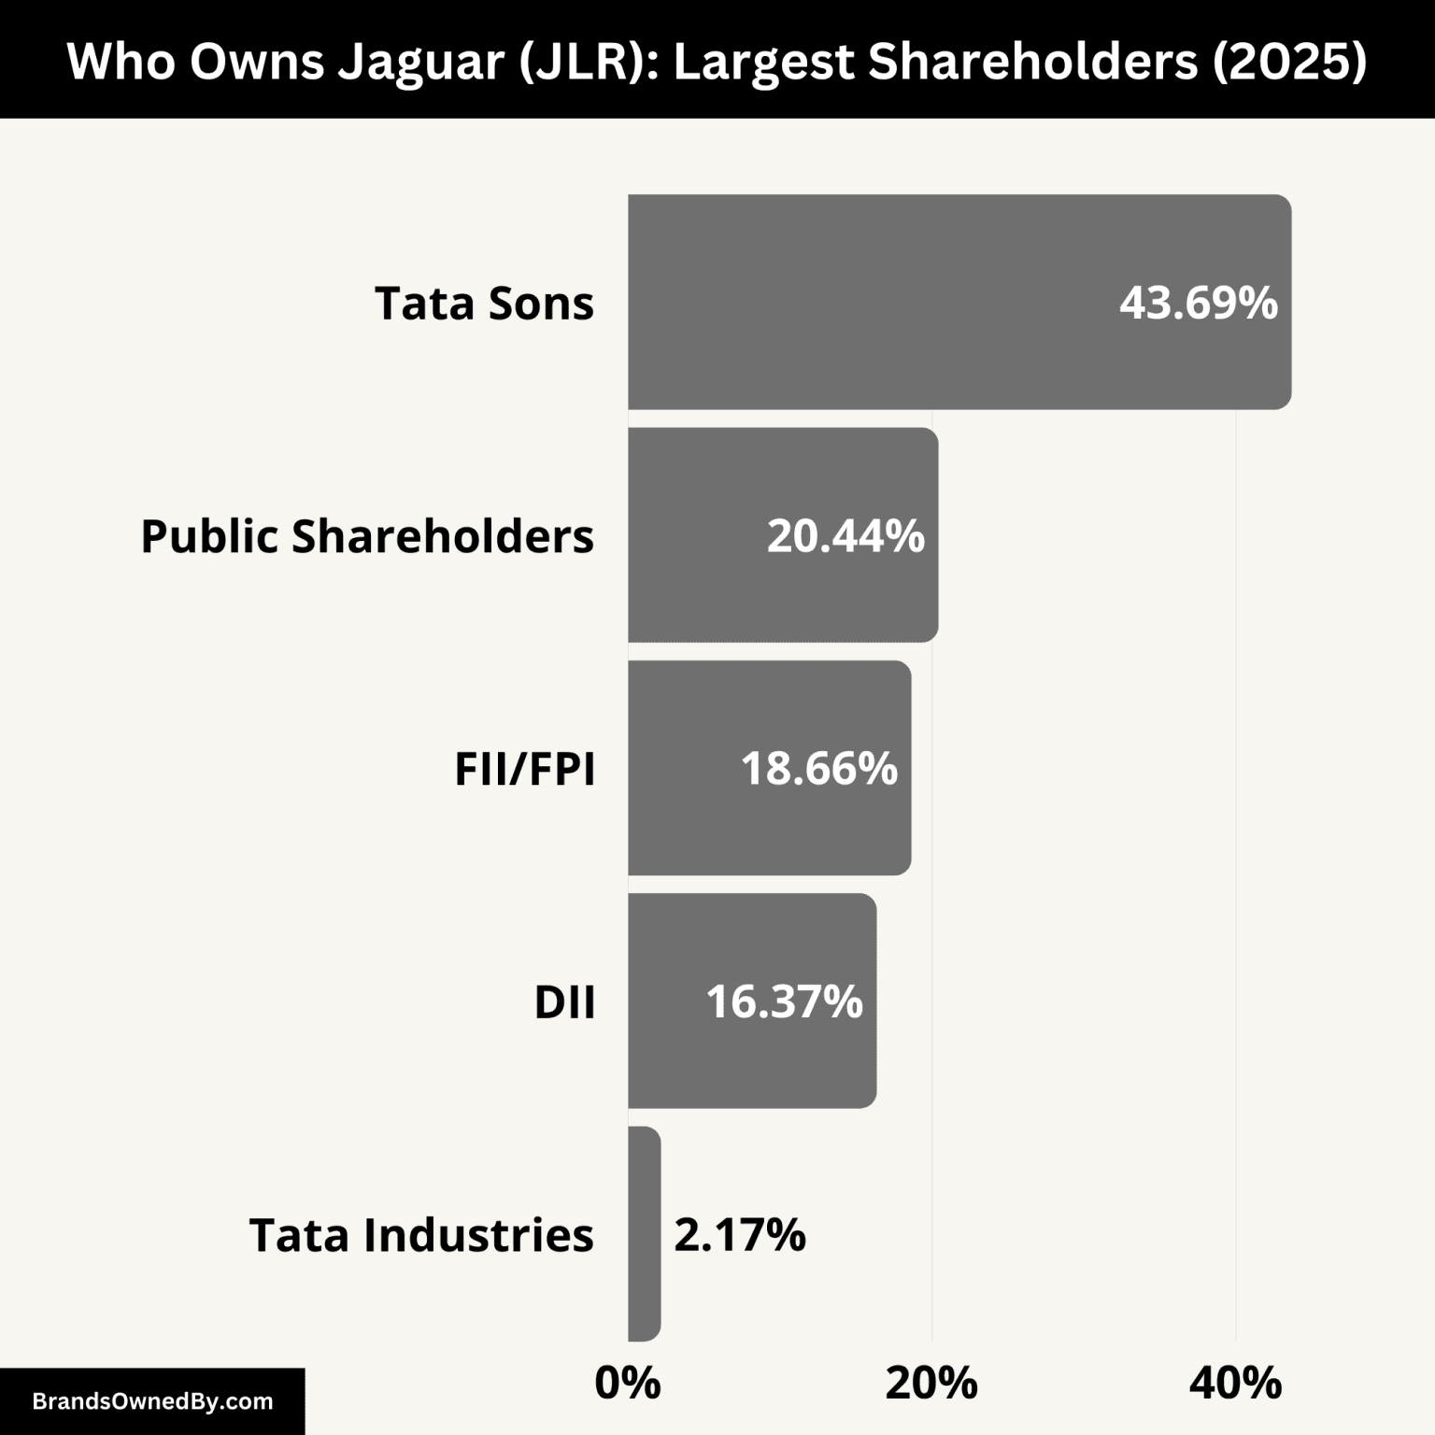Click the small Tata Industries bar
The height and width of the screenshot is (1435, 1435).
click(x=644, y=1233)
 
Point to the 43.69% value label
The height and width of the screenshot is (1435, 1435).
click(x=1198, y=303)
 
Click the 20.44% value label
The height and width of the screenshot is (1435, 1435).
click(x=845, y=536)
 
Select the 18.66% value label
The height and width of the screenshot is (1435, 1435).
click(x=818, y=769)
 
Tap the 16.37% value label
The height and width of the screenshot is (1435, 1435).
click(x=784, y=1002)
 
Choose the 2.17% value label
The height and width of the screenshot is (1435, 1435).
click(x=739, y=1234)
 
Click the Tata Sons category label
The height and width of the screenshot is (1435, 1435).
click(x=484, y=303)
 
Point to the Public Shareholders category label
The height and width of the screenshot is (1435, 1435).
click(x=367, y=536)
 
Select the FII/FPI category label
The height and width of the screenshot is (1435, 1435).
click(x=524, y=769)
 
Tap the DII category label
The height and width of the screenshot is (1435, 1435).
click(x=564, y=1002)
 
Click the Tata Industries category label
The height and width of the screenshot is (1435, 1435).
click(x=421, y=1234)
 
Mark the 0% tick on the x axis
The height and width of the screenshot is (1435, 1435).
click(x=628, y=1383)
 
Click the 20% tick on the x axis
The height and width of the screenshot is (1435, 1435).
click(x=931, y=1383)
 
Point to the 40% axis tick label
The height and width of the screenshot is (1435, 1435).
click(x=1235, y=1383)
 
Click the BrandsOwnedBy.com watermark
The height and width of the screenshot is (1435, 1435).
click(x=152, y=1401)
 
